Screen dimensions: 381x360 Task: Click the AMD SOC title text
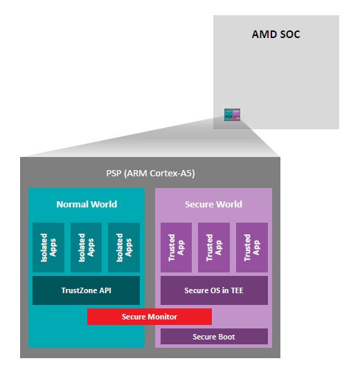[x=276, y=33]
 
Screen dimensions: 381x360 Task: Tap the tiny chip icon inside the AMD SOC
[x=231, y=114]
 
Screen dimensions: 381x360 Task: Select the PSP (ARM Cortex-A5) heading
[x=150, y=174]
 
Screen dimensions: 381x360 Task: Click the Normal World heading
[x=87, y=204]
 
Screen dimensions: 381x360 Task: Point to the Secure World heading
[x=213, y=204]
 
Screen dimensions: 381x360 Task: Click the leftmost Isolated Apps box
[x=48, y=247]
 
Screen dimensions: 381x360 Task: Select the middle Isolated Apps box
[x=86, y=247]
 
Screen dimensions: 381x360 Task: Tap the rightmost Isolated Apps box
[x=123, y=247]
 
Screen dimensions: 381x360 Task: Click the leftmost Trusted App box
[x=176, y=247]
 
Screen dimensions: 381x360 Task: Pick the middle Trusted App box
[x=213, y=247]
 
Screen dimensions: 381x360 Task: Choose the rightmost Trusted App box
[x=251, y=247]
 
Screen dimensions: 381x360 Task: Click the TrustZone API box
[x=86, y=290]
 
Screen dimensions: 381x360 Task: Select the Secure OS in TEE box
[x=214, y=290]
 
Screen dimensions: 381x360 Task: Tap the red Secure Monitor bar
[x=149, y=317]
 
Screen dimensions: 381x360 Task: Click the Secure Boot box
[x=214, y=337]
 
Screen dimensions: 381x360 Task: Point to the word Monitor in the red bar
[x=162, y=317]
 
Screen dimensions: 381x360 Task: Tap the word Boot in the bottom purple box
[x=226, y=337]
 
